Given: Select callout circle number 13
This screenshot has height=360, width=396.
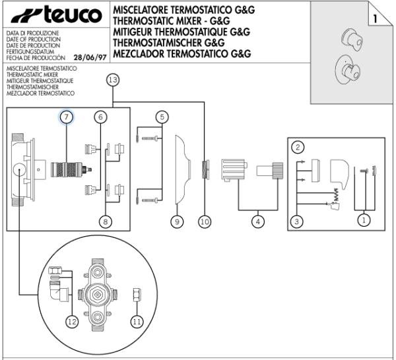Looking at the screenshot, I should tap(113, 80).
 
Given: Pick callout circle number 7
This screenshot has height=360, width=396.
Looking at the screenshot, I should tap(66, 117).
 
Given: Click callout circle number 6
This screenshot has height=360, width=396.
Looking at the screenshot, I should tap(100, 117).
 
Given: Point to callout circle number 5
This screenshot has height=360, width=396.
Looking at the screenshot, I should tap(162, 117).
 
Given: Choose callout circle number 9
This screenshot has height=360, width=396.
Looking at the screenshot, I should tap(177, 222).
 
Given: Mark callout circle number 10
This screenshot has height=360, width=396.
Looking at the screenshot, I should tap(205, 222).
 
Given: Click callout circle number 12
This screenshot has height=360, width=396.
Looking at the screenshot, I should tap(72, 322).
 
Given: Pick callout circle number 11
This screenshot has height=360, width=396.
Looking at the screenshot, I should tap(137, 322).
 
